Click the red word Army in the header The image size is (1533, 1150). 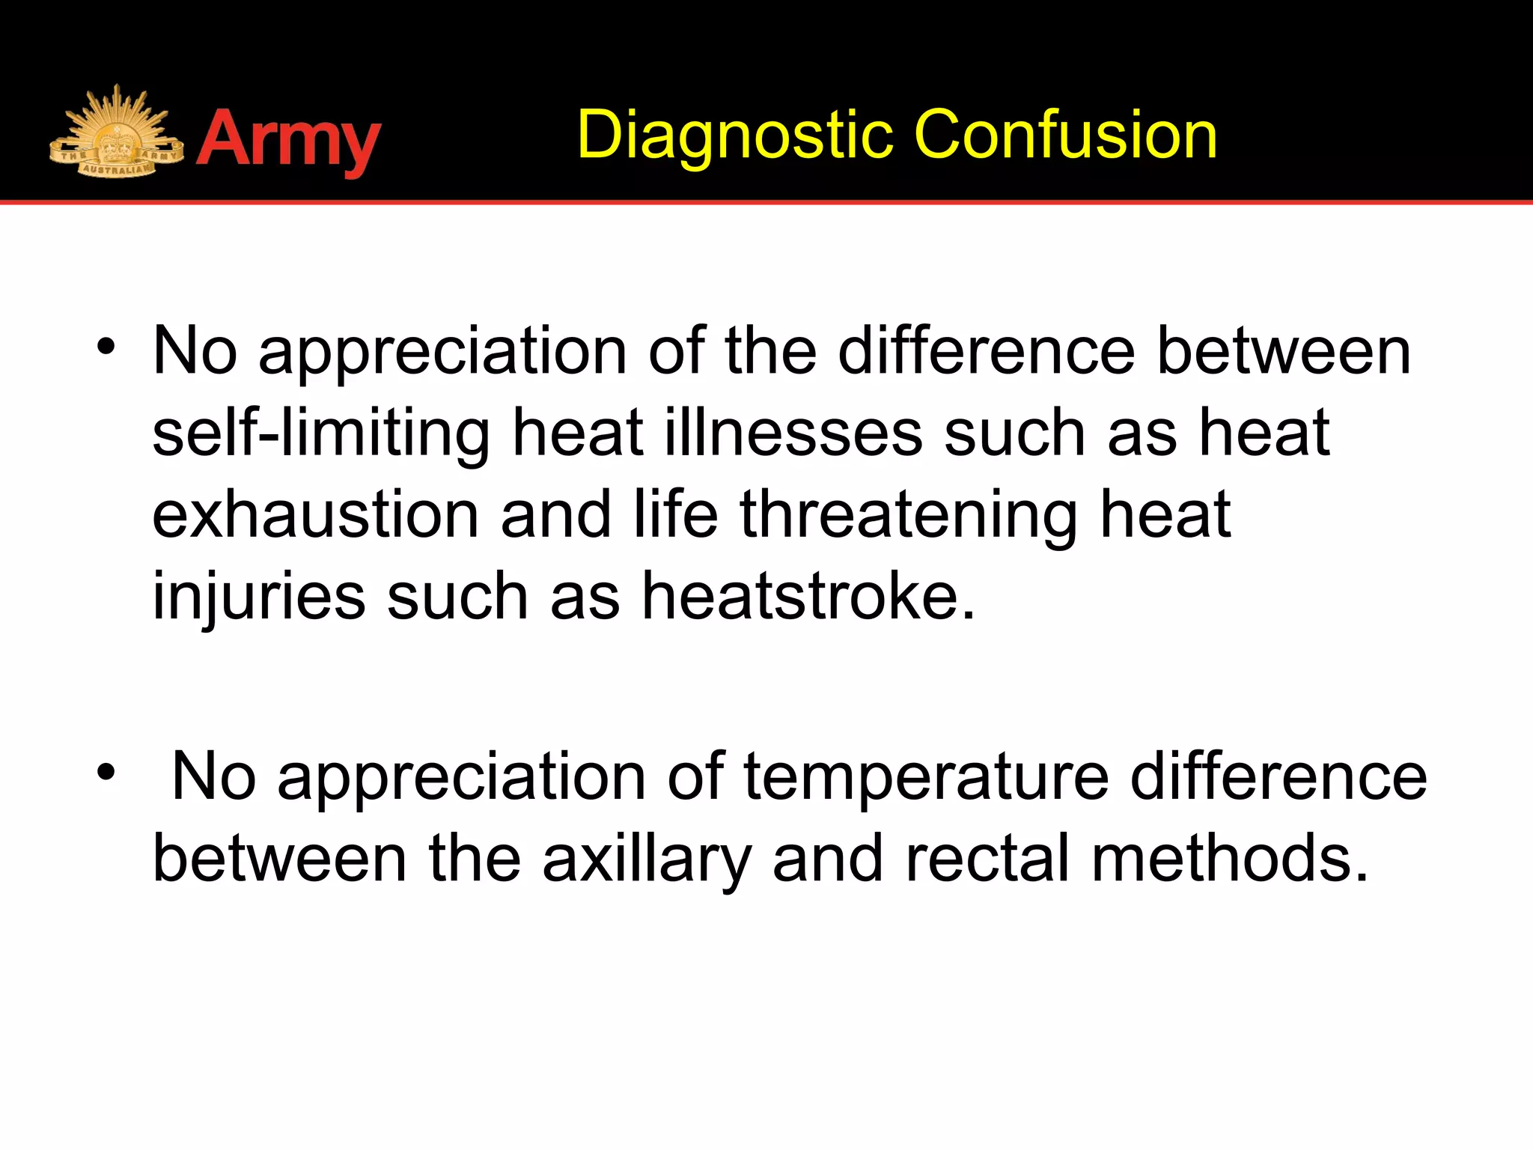pos(288,141)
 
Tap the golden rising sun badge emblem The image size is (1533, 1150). pos(116,135)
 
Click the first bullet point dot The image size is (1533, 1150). pos(106,347)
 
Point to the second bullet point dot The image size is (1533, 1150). pos(106,771)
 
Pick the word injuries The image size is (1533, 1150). pos(259,597)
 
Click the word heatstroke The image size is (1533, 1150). pos(808,597)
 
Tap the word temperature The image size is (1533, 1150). pos(926,777)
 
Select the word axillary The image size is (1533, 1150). pos(646,860)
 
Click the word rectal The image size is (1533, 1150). pos(988,860)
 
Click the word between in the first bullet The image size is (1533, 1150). pos(1283,352)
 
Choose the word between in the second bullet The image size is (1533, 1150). pos(280,860)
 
